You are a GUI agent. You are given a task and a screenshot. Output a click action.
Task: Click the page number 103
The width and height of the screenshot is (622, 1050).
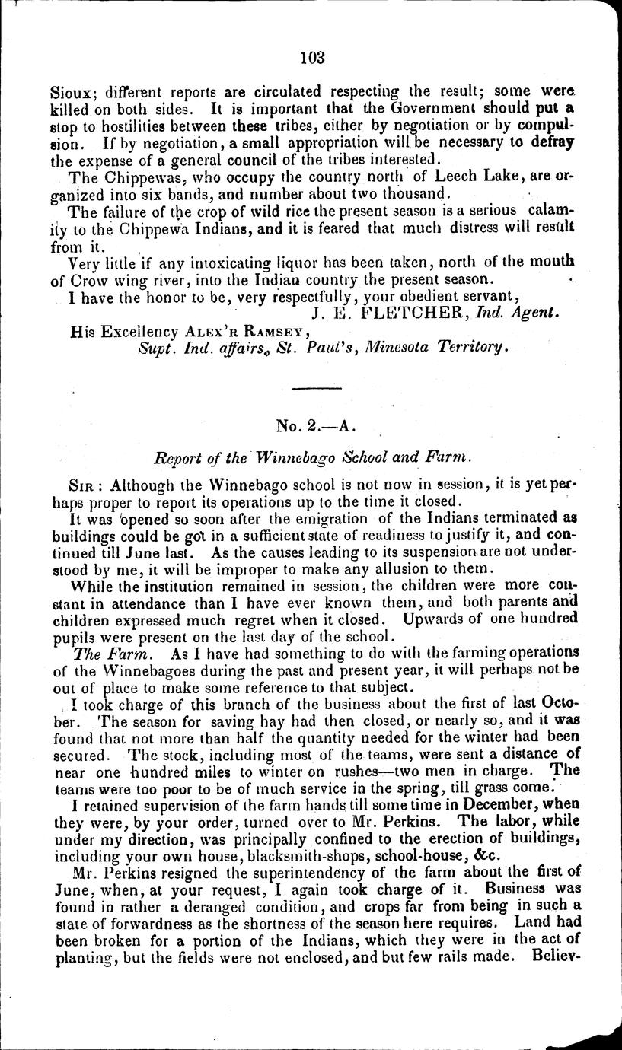pyautogui.click(x=312, y=57)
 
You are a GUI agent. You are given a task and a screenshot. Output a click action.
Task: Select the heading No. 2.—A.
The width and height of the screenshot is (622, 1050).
pyautogui.click(x=311, y=426)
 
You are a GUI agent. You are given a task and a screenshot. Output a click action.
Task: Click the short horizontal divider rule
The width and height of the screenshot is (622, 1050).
pyautogui.click(x=311, y=390)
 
